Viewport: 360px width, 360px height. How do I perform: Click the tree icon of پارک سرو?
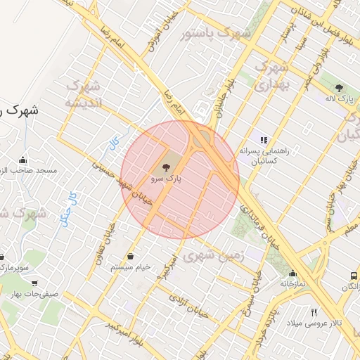[166, 167]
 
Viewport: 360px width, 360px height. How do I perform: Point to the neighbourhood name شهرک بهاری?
[271, 76]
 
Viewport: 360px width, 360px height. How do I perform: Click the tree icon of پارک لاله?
[340, 88]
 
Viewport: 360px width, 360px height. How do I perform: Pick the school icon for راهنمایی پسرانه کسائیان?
[264, 140]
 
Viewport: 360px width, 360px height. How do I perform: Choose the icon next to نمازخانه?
[292, 274]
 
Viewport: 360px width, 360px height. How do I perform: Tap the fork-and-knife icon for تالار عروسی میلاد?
[314, 312]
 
